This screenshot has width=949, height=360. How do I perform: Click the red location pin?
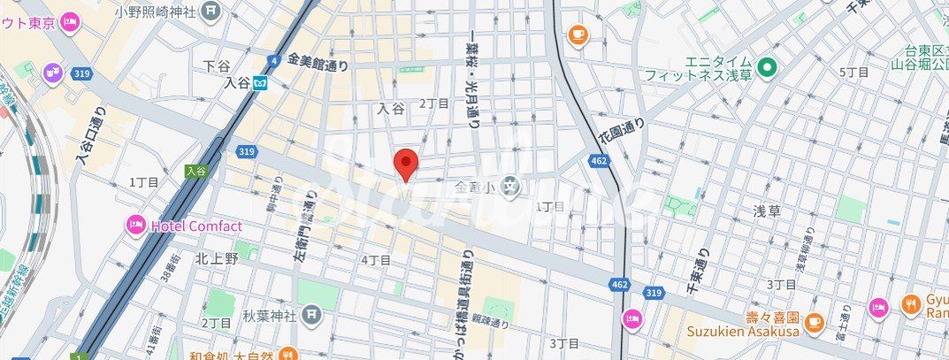coord(405,164)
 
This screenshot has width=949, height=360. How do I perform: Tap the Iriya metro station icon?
coord(261,83)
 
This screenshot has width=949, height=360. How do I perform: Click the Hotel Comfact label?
coord(195,226)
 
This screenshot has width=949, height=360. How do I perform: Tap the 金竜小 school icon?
coord(510,187)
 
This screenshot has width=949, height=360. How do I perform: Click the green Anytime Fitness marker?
coord(766,66)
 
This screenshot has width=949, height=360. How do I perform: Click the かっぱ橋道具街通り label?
coord(465,293)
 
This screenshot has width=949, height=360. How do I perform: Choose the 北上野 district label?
coord(216,258)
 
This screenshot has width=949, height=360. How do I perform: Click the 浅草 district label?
coord(766,211)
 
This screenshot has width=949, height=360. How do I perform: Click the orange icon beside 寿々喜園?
coord(815,320)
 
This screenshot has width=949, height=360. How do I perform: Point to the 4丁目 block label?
coord(375,260)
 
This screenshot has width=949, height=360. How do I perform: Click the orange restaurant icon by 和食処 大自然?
coord(287,355)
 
